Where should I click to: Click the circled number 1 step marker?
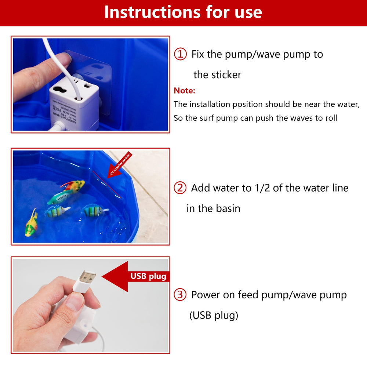coord(180,55)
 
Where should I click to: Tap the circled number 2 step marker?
coord(180,188)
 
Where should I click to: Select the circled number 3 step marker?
coord(180,295)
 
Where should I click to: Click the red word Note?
coord(184,91)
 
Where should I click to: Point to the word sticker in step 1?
coord(227,75)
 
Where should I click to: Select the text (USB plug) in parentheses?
coord(214,315)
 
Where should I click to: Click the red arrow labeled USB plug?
coord(136,276)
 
